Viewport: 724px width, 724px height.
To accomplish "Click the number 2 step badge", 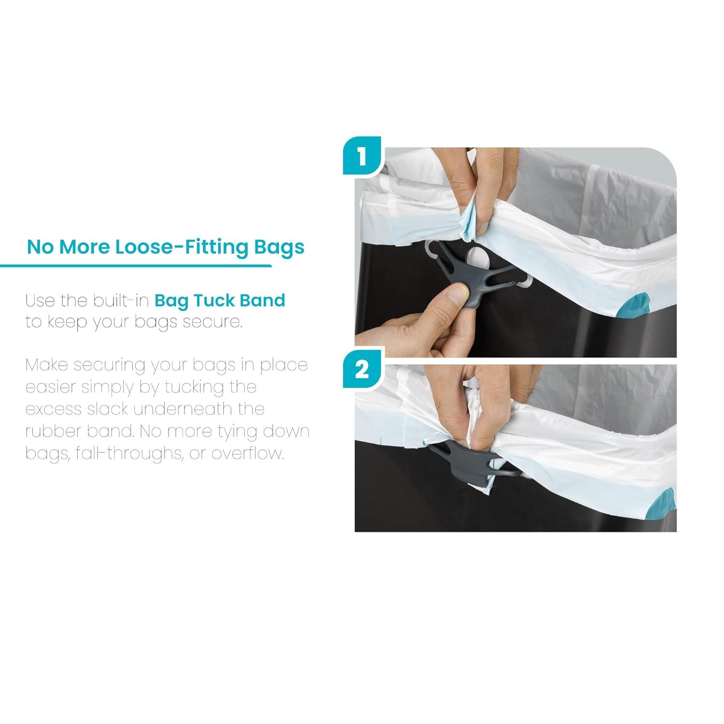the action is pos(362,370).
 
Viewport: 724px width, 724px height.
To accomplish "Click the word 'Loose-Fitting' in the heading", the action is pos(184,247).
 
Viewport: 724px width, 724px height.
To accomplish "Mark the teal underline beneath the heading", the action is pos(136,265).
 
